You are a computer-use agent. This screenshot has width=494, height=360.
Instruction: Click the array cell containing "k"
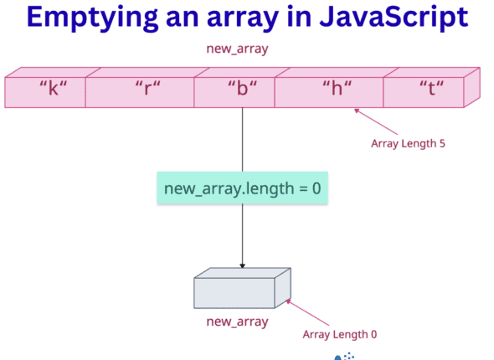pyautogui.click(x=45, y=90)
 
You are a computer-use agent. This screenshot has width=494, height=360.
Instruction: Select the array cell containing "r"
pyautogui.click(x=140, y=90)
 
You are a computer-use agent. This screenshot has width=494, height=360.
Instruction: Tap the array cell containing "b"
pyautogui.click(x=234, y=90)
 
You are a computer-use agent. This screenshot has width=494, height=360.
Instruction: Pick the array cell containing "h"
pyautogui.click(x=329, y=90)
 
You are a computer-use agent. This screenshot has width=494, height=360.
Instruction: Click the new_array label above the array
pyautogui.click(x=237, y=49)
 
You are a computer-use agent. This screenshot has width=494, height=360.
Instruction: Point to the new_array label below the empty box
pyautogui.click(x=237, y=321)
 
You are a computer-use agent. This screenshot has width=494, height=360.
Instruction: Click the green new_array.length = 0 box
pyautogui.click(x=242, y=188)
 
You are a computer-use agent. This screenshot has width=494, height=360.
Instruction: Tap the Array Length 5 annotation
pyautogui.click(x=408, y=143)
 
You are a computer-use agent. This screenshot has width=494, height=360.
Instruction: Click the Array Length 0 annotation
pyautogui.click(x=339, y=334)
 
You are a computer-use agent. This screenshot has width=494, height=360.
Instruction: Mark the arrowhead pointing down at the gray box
pyautogui.click(x=242, y=265)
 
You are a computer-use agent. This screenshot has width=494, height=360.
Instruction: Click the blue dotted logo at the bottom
pyautogui.click(x=344, y=356)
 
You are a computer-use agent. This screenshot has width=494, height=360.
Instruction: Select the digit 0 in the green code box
pyautogui.click(x=316, y=188)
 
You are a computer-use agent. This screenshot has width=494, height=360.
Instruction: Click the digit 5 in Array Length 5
pyautogui.click(x=440, y=143)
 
